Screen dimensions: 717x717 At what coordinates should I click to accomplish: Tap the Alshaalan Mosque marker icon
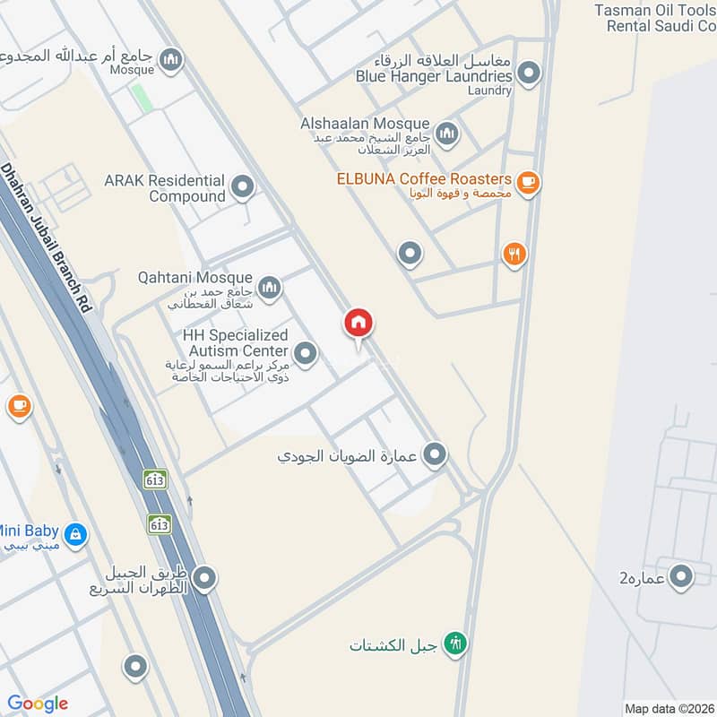(x=446, y=134)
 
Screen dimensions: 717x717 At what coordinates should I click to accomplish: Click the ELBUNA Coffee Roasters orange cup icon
(x=529, y=183)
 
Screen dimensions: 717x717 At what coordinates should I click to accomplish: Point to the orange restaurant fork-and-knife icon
(x=514, y=255)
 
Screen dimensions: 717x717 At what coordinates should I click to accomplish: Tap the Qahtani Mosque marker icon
(x=269, y=288)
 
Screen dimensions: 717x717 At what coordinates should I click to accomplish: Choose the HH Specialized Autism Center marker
(x=306, y=353)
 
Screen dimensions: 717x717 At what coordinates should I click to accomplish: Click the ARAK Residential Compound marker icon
(x=242, y=187)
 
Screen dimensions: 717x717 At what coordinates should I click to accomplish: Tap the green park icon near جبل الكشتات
(x=456, y=644)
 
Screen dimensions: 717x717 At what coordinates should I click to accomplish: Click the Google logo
(x=38, y=704)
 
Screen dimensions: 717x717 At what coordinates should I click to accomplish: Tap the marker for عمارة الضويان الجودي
(x=435, y=455)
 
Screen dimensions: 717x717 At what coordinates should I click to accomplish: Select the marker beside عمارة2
(x=682, y=576)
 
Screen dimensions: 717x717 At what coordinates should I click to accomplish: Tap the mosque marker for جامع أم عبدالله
(x=170, y=61)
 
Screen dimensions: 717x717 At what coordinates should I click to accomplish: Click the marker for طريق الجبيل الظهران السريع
(x=204, y=579)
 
